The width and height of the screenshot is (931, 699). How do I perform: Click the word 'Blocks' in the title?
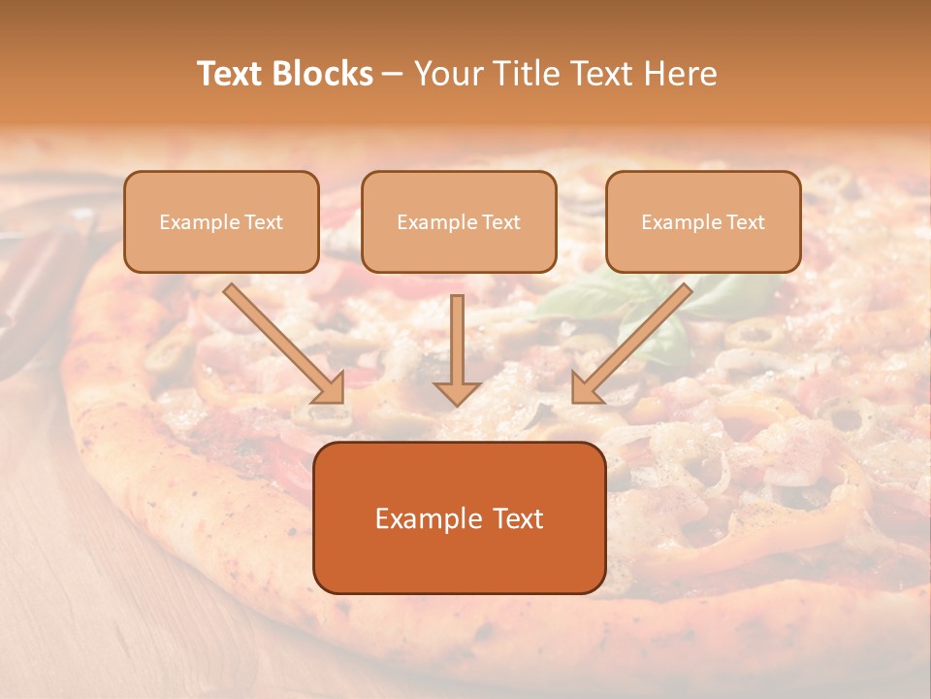(325, 74)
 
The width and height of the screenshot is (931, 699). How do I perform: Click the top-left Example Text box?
(221, 222)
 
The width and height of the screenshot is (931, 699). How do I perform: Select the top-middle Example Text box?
(459, 222)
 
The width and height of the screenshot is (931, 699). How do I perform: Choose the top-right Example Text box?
(703, 222)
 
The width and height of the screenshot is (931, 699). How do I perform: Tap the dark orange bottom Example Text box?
(459, 518)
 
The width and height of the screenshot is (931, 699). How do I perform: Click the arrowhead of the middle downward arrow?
(457, 392)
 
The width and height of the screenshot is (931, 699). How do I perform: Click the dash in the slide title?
(393, 74)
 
